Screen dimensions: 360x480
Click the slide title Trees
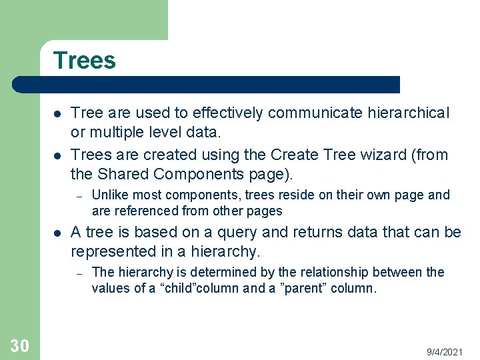[x=84, y=61]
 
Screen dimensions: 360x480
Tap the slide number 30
[x=19, y=345]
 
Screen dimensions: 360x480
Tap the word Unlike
[x=109, y=195]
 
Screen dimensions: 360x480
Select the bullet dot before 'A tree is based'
[x=57, y=233]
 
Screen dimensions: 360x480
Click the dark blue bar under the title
[x=207, y=85]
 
